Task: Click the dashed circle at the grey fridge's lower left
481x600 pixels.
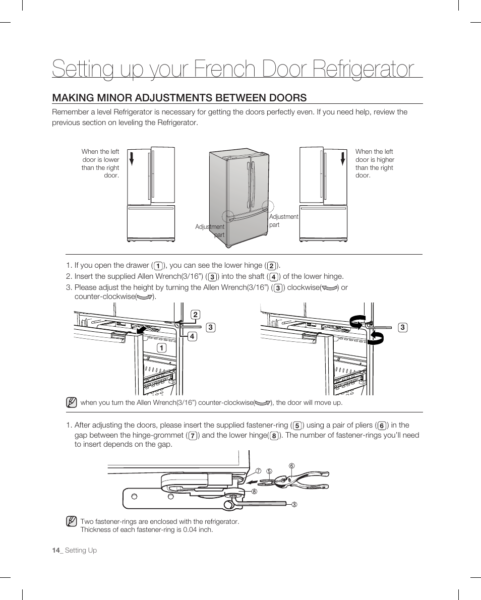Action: click(x=228, y=217)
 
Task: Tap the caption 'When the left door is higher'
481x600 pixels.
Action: click(x=375, y=163)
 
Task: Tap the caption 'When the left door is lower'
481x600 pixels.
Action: click(x=100, y=163)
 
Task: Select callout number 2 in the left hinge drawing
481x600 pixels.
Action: click(x=195, y=316)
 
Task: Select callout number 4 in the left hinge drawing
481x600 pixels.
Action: click(x=192, y=336)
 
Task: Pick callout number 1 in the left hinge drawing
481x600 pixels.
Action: click(x=161, y=348)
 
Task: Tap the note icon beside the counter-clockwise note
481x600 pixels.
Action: click(x=71, y=402)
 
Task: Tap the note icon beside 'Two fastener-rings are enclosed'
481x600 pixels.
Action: click(x=71, y=521)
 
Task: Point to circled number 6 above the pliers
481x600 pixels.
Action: click(x=291, y=465)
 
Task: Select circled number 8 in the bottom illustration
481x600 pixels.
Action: click(x=254, y=491)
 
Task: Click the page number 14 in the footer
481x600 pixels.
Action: click(x=55, y=550)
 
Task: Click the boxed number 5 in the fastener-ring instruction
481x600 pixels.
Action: click(x=297, y=426)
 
